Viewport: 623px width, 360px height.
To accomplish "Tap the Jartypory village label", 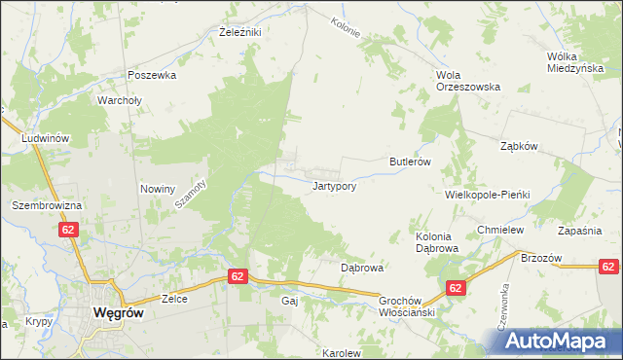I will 340,185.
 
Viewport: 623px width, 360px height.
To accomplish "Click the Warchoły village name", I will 121,99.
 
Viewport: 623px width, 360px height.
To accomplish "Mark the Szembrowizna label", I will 44,206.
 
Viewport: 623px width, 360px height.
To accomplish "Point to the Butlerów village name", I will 410,162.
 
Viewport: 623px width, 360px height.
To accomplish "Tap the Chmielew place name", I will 501,230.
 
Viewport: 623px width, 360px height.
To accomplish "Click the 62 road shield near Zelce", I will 238,276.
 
